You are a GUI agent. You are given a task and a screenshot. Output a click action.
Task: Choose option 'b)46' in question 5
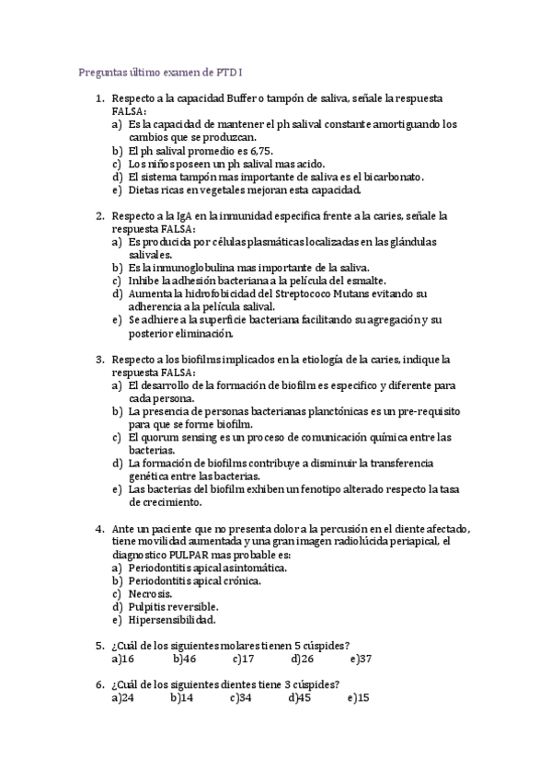183,659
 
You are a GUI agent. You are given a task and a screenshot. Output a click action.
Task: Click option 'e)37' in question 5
361,659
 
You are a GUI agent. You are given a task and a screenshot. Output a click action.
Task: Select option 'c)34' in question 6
241,697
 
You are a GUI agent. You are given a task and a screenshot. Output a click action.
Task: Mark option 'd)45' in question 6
300,697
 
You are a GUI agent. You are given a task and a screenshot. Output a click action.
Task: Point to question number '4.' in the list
99,529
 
